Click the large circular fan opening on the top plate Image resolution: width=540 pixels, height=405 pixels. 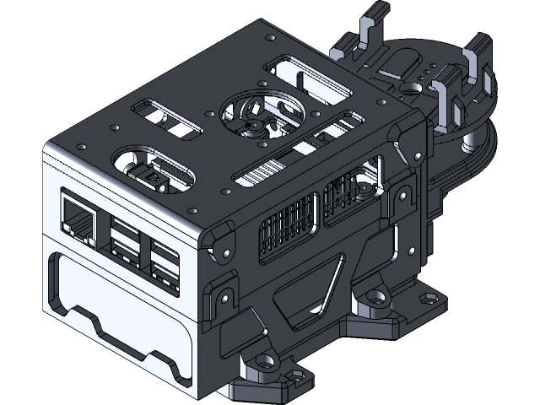(x=256, y=118)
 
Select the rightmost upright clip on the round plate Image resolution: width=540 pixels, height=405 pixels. (x=477, y=63)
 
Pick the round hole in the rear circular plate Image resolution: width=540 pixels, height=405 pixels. (x=415, y=85)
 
